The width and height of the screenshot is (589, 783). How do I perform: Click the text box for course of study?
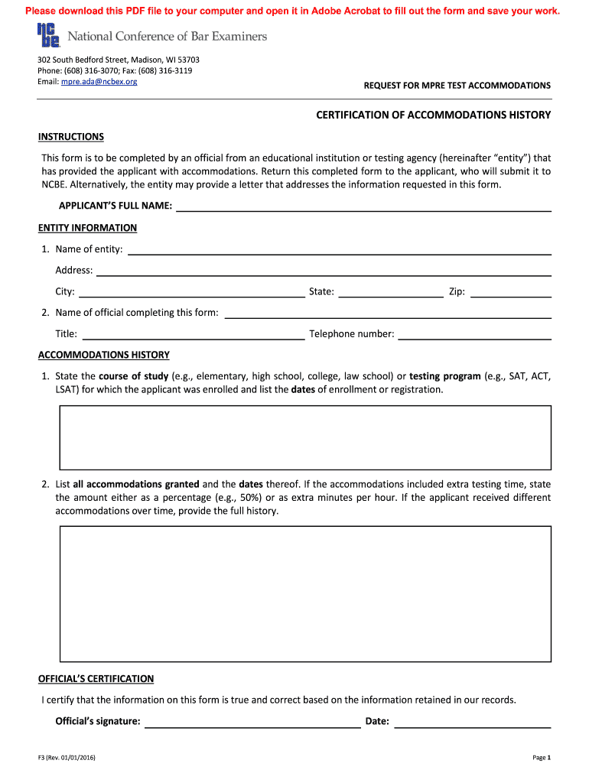pos(305,438)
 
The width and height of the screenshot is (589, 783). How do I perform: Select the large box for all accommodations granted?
pos(305,593)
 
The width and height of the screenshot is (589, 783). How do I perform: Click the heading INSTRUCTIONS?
pos(71,137)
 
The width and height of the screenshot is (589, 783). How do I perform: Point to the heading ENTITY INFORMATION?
pos(88,228)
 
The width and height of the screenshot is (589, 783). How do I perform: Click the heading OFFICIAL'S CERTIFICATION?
pos(96,679)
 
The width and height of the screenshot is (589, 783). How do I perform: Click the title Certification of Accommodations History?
pos(434,115)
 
